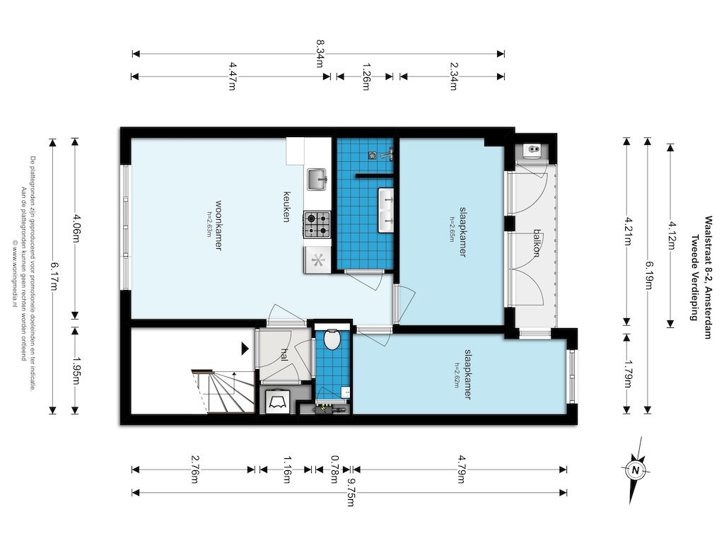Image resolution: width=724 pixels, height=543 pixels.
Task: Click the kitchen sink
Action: (x=317, y=180)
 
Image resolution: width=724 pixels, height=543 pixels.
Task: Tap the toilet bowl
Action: (x=331, y=341)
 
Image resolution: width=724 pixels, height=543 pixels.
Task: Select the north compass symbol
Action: (x=636, y=469)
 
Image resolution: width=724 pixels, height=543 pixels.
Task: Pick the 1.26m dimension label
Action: (x=366, y=76)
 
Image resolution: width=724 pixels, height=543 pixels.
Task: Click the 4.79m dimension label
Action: (x=460, y=469)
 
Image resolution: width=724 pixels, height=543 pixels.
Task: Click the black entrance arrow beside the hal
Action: (x=245, y=348)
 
